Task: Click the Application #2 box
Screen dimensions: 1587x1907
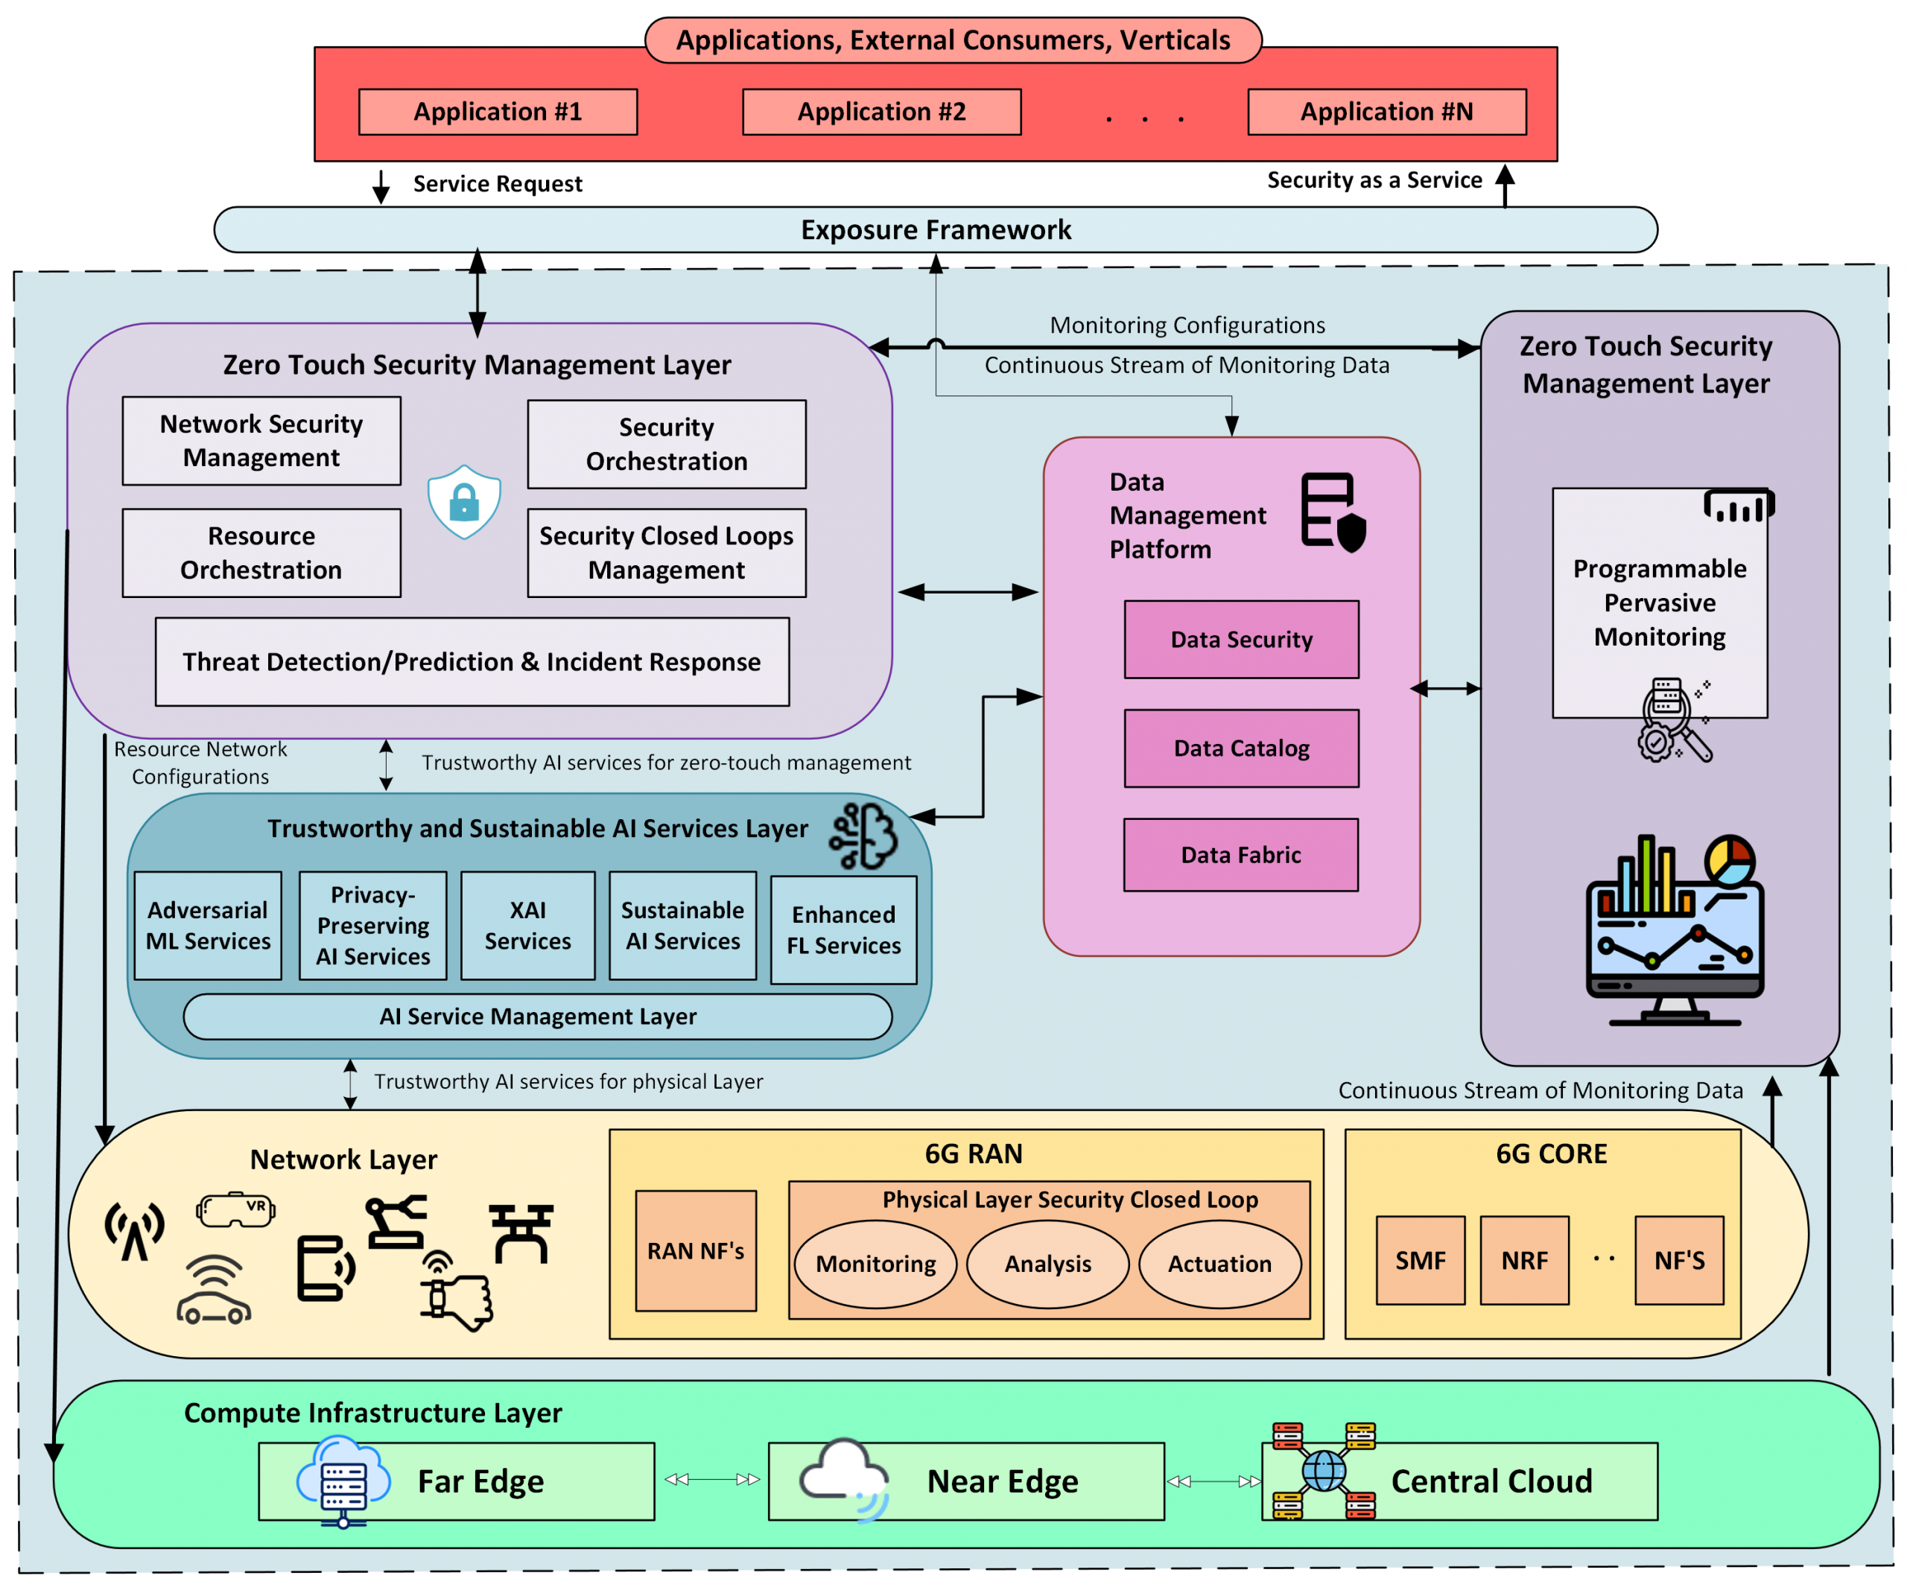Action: click(880, 112)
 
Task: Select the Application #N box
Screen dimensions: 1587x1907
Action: click(1386, 112)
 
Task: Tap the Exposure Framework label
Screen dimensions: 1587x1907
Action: click(936, 229)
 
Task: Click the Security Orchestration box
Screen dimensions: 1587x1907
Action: click(666, 444)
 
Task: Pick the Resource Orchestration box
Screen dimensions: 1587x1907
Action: click(261, 552)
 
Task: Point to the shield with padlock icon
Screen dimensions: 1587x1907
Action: click(464, 501)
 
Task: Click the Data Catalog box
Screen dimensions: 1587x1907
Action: click(1240, 748)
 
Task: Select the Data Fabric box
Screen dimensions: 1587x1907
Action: click(1240, 854)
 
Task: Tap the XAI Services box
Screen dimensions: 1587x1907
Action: click(527, 925)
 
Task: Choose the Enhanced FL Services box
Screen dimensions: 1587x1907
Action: click(843, 929)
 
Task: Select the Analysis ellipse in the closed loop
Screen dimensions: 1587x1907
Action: click(1047, 1264)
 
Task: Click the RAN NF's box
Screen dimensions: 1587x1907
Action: click(696, 1251)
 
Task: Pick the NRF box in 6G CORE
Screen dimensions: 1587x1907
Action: click(1524, 1260)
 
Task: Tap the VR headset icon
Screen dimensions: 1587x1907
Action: click(235, 1209)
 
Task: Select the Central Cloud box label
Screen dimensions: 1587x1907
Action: click(1491, 1481)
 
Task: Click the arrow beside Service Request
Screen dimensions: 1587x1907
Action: click(381, 186)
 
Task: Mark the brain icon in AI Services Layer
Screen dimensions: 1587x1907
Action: click(863, 836)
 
